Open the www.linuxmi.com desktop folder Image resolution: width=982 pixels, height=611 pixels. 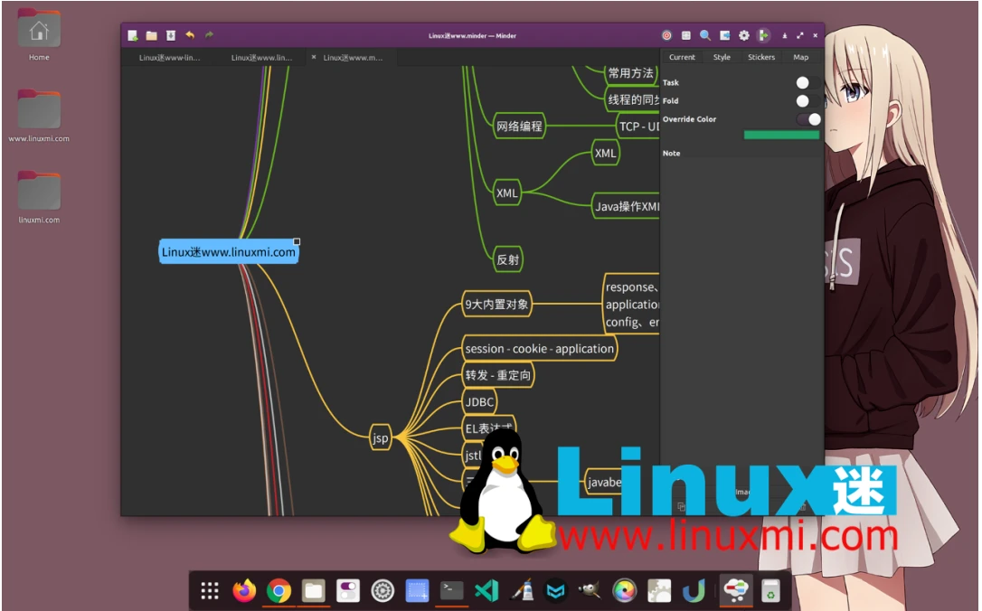[x=39, y=110]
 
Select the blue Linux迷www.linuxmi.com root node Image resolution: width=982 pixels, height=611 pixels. [x=229, y=252]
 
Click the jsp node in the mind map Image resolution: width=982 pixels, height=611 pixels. [x=381, y=438]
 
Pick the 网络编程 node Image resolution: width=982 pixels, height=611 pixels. [x=519, y=127]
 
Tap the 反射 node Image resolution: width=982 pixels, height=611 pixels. [x=508, y=260]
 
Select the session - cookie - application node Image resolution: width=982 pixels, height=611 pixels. [x=539, y=349]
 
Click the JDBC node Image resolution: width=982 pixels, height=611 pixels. [x=479, y=401]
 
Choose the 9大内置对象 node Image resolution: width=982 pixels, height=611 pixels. [x=496, y=305]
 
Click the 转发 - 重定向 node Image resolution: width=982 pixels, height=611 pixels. [x=498, y=375]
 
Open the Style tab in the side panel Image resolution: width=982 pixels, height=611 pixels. [x=722, y=57]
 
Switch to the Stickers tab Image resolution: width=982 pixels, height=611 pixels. [x=761, y=57]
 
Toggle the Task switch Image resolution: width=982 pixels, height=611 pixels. [x=807, y=83]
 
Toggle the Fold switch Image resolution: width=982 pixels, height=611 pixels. [x=807, y=101]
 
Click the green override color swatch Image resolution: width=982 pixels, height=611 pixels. [x=781, y=135]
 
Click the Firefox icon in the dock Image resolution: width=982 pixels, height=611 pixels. [x=244, y=591]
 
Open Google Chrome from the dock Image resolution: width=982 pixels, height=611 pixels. [x=279, y=591]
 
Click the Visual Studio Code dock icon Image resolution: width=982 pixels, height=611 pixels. [x=486, y=591]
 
